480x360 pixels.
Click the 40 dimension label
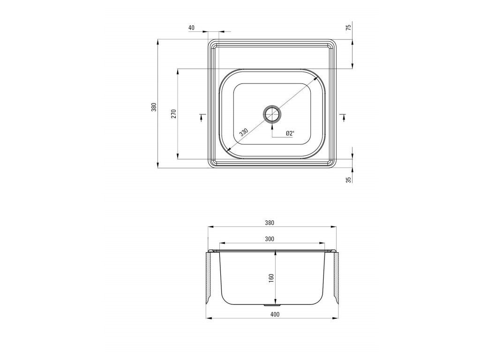tap(191, 28)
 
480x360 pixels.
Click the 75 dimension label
tap(348, 27)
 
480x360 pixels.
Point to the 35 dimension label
tap(348, 180)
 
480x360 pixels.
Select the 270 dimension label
tap(173, 113)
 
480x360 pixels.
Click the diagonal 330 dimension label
tap(243, 132)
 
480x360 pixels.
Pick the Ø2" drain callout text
tap(290, 133)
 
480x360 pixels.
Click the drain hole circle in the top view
tap(272, 114)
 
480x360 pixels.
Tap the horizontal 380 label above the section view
tap(270, 223)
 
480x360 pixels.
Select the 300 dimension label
tap(270, 239)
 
